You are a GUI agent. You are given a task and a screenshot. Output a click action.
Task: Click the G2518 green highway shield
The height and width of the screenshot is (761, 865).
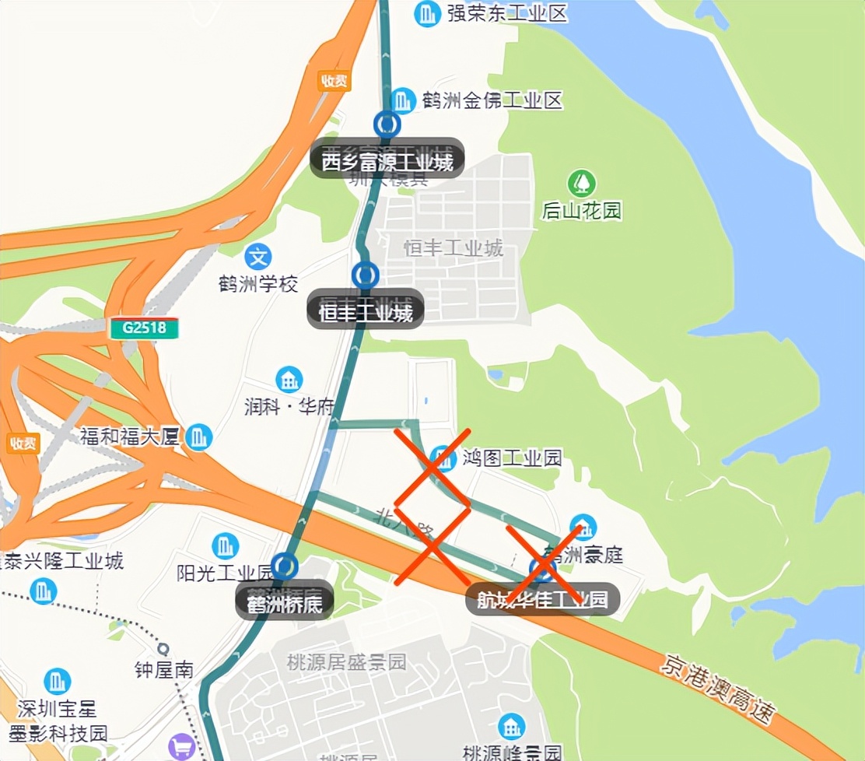coord(144,328)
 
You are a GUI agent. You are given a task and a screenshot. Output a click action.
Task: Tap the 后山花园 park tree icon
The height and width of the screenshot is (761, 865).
coord(581,184)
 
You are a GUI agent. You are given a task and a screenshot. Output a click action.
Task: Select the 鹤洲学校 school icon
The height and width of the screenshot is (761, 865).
coord(258,255)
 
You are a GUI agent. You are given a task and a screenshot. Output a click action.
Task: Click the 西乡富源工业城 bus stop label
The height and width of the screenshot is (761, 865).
coord(387,160)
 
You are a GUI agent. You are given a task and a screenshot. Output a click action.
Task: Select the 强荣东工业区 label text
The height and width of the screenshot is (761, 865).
coord(507,13)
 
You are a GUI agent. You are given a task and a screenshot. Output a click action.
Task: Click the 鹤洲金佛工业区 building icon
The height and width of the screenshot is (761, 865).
coord(402,100)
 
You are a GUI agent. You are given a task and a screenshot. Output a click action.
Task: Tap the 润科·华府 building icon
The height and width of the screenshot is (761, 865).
coord(289,379)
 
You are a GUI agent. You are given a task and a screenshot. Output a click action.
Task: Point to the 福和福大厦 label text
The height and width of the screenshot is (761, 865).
coord(129,437)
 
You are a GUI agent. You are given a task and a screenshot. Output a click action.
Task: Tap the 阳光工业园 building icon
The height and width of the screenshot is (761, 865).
coord(226,545)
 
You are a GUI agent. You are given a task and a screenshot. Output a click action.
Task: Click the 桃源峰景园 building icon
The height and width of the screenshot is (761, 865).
coord(511,727)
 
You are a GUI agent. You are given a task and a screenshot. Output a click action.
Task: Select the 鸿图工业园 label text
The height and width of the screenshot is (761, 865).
coord(511,458)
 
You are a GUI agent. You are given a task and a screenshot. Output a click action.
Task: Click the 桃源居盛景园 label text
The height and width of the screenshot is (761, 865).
coord(346,663)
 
